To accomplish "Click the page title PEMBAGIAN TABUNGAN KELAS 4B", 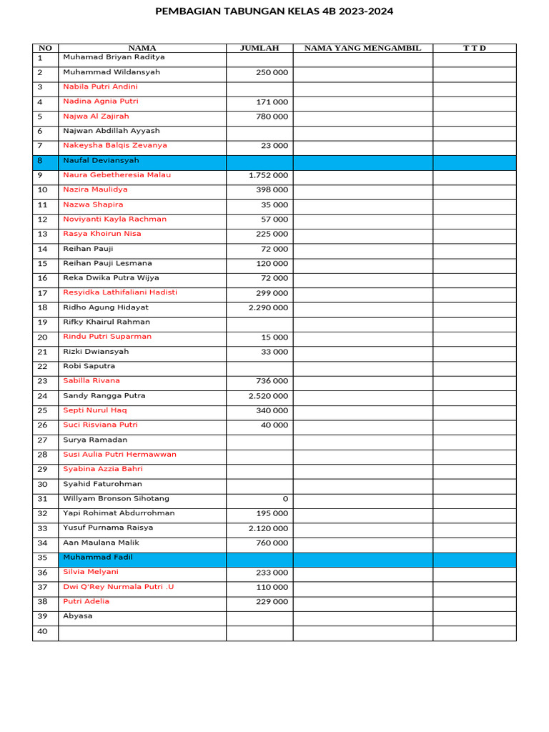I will [274, 11].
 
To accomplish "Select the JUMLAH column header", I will [259, 48].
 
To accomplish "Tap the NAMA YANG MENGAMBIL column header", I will [362, 48].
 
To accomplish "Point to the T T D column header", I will [474, 48].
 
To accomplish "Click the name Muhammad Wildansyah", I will [112, 72].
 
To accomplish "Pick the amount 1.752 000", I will [269, 175].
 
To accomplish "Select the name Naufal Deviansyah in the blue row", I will [101, 161].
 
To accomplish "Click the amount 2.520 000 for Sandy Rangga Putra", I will [269, 396].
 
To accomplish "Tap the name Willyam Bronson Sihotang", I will [116, 499].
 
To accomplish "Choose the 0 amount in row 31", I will [285, 499].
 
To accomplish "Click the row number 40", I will [42, 631].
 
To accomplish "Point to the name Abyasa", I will [77, 616].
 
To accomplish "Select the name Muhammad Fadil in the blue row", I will [97, 558].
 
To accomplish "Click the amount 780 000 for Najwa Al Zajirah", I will [272, 117].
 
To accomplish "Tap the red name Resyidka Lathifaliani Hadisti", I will [120, 292].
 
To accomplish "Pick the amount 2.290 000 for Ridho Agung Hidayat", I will [269, 308].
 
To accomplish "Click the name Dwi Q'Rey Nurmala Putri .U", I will [118, 587].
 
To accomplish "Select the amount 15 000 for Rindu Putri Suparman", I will [274, 337].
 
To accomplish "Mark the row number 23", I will [42, 381].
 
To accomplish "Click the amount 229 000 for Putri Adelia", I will [272, 602].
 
